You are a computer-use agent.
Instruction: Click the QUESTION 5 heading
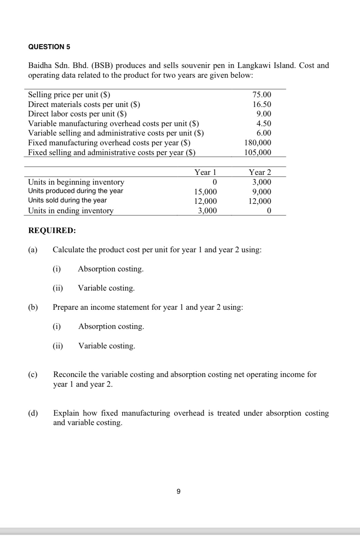click(x=49, y=47)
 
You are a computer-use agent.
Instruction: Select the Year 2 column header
click(x=260, y=173)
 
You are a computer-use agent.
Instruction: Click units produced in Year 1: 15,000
click(x=205, y=192)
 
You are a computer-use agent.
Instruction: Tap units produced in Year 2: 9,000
click(x=261, y=192)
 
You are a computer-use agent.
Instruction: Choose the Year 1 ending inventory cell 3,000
click(x=207, y=211)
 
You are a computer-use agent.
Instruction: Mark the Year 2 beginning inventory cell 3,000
click(x=261, y=182)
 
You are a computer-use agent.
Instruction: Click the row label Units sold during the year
click(x=67, y=200)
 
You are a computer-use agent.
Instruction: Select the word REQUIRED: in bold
click(x=52, y=231)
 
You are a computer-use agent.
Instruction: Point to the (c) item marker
click(x=33, y=375)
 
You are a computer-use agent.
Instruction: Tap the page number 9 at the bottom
click(x=178, y=492)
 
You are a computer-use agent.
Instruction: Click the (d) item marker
click(x=33, y=413)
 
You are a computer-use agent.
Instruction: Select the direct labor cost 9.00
click(x=263, y=114)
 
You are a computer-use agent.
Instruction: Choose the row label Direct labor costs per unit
click(x=77, y=114)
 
